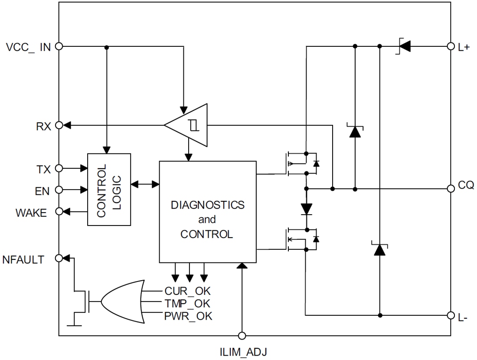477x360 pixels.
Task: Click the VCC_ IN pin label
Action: pyautogui.click(x=29, y=47)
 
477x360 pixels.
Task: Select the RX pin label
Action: pyautogui.click(x=44, y=126)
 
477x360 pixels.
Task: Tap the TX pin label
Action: pyautogui.click(x=44, y=169)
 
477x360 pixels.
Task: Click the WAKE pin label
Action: pyautogui.click(x=31, y=213)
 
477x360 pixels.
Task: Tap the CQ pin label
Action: pyautogui.click(x=466, y=186)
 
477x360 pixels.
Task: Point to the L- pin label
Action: pyautogui.click(x=463, y=317)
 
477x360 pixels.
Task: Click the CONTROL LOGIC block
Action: pyautogui.click(x=109, y=190)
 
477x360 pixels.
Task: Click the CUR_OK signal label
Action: pyautogui.click(x=188, y=291)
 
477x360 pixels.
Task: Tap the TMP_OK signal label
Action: pyautogui.click(x=188, y=304)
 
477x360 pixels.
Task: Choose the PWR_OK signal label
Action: pyautogui.click(x=188, y=316)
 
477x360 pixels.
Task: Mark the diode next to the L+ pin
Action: pyautogui.click(x=404, y=46)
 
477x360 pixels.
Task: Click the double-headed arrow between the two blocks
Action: pyautogui.click(x=145, y=184)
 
